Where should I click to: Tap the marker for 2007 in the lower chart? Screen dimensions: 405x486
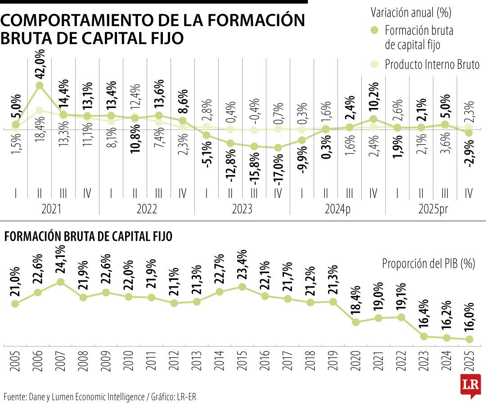coord(60,282)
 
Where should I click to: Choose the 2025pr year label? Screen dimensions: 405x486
coord(433,209)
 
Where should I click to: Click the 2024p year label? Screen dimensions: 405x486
coord(337,209)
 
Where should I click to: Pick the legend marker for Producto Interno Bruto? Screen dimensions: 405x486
coord(374,64)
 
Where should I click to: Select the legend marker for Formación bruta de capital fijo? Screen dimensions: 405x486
coord(374,30)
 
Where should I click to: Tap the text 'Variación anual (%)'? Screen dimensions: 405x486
coord(410,13)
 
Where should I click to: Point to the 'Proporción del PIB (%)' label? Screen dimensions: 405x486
coord(428,264)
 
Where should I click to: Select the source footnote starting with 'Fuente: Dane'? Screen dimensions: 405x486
coord(100,396)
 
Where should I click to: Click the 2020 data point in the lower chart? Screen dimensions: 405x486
coord(356,322)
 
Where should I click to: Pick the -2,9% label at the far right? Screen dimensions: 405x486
coord(469,154)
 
